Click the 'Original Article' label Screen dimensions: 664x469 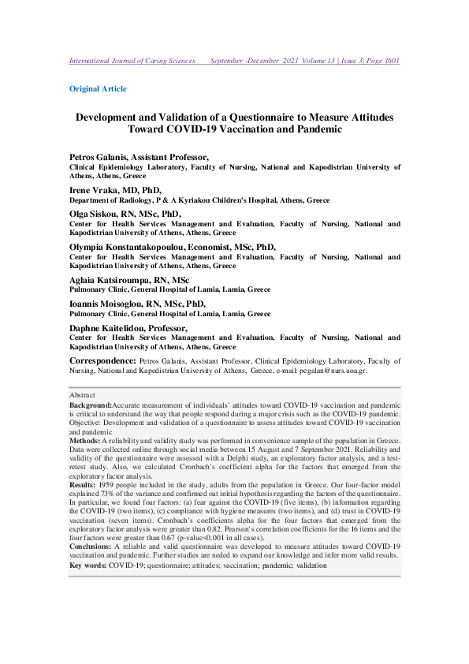[x=98, y=89]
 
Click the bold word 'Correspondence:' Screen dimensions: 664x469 [x=102, y=360]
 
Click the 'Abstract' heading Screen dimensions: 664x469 [x=82, y=394]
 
